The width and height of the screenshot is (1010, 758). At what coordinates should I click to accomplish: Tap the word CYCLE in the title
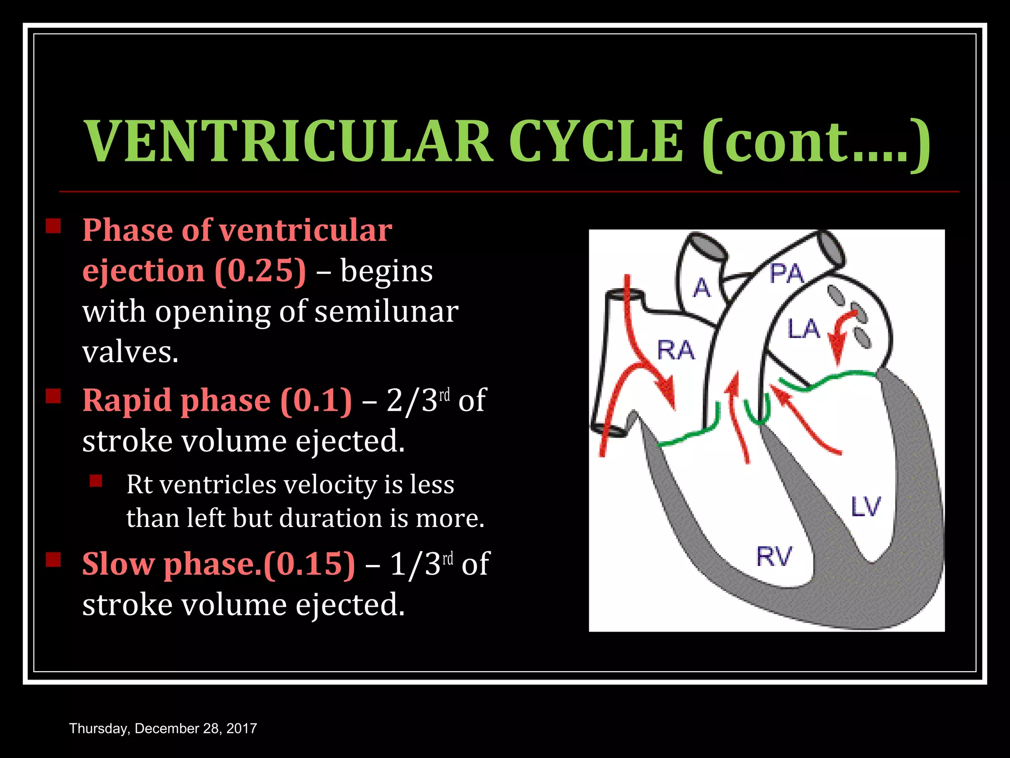[596, 142]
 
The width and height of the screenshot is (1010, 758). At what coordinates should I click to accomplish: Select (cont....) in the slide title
[816, 143]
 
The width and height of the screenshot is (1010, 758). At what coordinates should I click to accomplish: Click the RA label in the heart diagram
[675, 350]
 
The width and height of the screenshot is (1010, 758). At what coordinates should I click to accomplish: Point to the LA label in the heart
[803, 329]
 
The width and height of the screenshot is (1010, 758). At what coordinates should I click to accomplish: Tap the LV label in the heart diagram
[866, 507]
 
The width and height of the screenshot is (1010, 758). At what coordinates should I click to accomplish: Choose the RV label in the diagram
[774, 557]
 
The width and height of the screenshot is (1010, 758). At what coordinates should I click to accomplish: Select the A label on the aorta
[701, 287]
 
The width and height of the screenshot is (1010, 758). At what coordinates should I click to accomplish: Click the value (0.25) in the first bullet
[260, 271]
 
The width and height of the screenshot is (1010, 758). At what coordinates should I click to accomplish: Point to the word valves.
[130, 352]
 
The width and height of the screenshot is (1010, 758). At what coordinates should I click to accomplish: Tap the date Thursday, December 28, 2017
[163, 728]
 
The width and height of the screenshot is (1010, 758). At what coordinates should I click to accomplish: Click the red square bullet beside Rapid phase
[53, 396]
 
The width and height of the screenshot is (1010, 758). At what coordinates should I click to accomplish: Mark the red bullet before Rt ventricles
[96, 481]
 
